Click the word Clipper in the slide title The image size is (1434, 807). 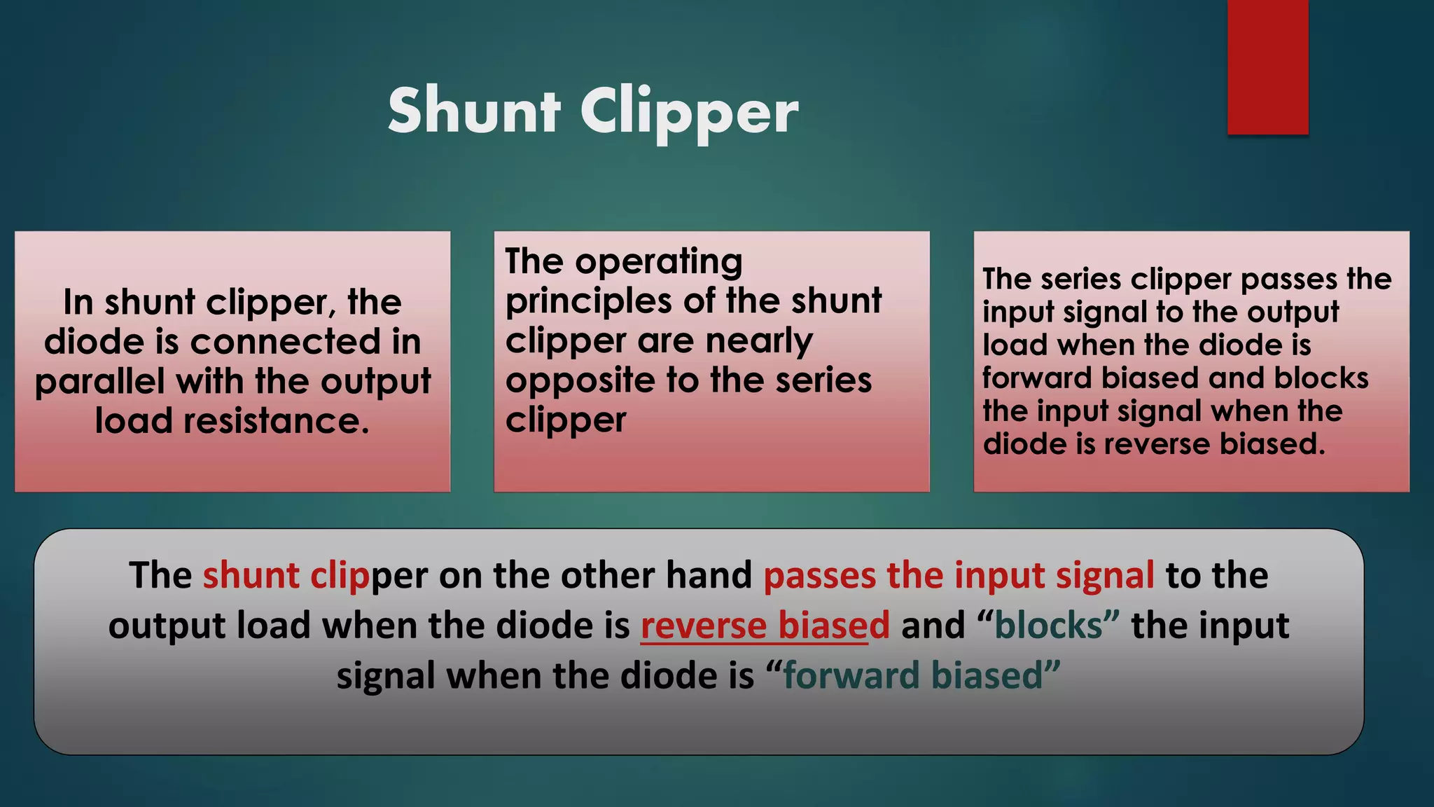point(689,112)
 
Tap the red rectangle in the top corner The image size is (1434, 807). point(1267,67)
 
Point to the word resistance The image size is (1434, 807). point(276,421)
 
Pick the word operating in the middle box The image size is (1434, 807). point(659,261)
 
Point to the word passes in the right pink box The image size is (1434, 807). point(1288,280)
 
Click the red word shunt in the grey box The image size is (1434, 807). point(251,575)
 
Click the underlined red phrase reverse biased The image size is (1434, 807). point(765,625)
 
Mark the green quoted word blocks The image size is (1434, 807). point(1048,625)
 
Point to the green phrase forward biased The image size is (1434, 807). point(913,675)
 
